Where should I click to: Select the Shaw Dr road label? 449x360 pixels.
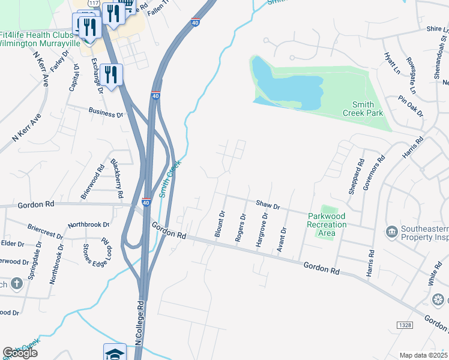pos(268,206)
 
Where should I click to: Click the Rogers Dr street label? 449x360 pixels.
pos(241,227)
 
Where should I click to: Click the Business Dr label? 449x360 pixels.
pos(105,113)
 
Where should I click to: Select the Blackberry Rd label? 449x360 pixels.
pos(116,178)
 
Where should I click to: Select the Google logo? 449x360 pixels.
pos(20,353)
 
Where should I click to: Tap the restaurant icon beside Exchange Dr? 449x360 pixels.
pos(111,74)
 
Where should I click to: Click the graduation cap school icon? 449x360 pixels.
pos(115,353)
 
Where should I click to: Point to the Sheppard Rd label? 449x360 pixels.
pos(356,176)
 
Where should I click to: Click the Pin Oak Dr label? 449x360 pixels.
pos(411,106)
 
